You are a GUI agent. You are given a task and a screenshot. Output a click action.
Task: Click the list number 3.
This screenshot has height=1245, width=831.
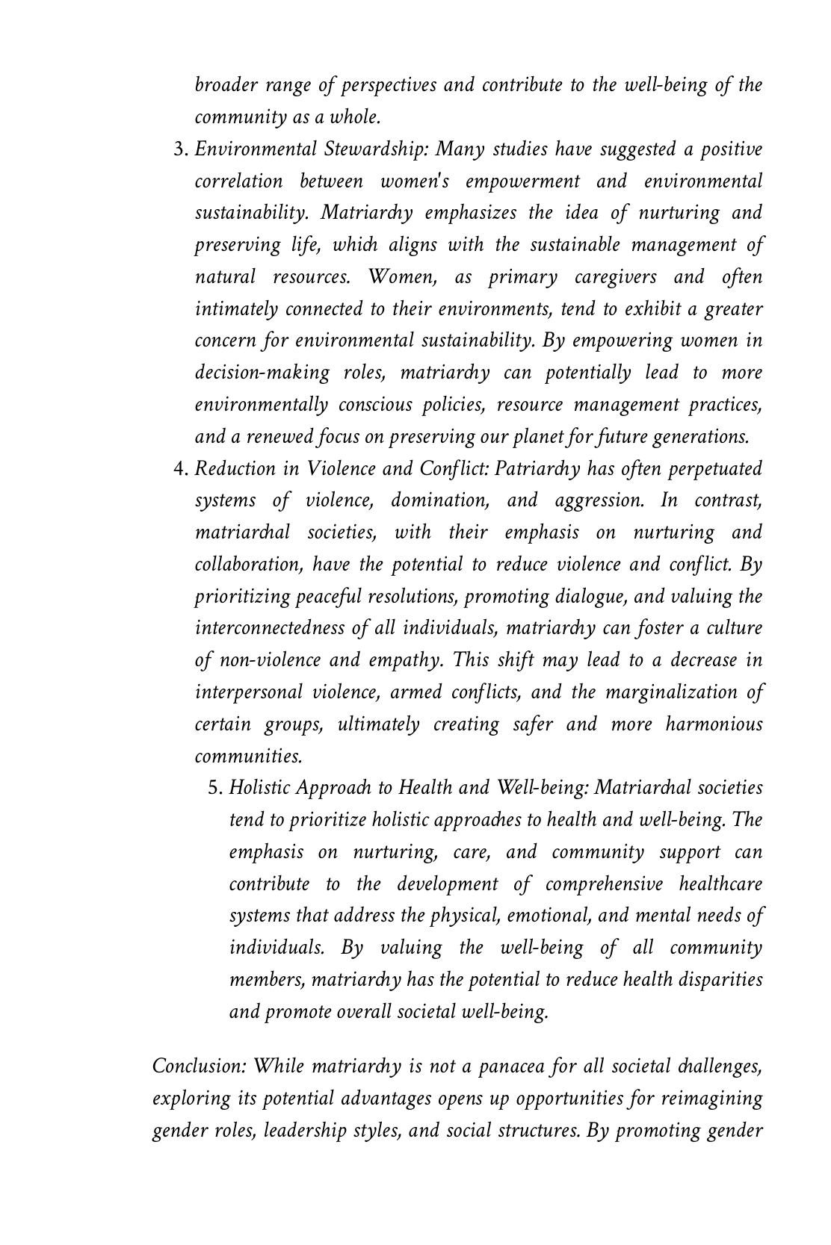(180, 149)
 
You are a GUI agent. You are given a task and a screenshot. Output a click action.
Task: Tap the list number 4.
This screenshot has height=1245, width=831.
(180, 469)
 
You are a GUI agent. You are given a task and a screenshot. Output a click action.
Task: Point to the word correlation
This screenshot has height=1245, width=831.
(238, 181)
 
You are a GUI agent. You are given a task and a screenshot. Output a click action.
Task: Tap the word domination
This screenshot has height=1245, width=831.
(439, 500)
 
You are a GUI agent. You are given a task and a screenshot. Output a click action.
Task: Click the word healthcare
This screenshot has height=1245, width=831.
(720, 884)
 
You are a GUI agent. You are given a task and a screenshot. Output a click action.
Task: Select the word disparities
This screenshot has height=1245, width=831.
(720, 980)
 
